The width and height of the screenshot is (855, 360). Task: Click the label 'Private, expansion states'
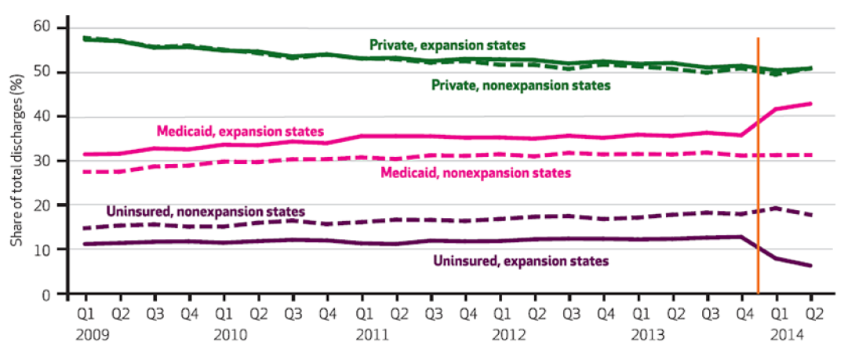click(448, 45)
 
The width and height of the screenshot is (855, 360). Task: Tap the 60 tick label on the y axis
click(42, 27)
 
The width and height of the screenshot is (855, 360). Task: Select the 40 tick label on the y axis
click(42, 116)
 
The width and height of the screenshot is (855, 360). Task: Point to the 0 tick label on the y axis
click(45, 294)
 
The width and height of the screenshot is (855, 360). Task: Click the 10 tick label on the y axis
click(42, 249)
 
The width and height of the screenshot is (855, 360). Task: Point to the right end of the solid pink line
click(811, 104)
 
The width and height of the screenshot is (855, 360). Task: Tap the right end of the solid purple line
click(811, 266)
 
